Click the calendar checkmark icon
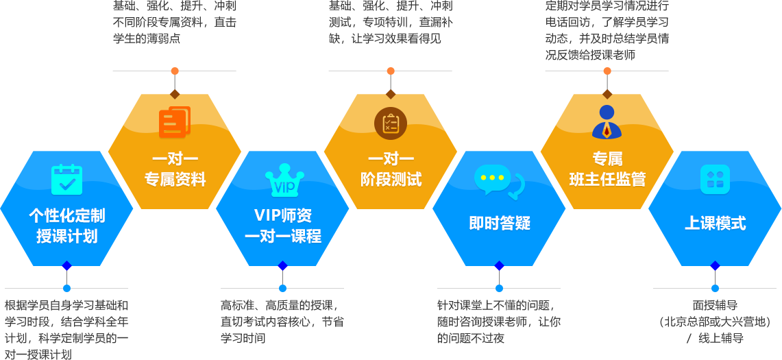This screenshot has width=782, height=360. point(66,179)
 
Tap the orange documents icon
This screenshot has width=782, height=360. point(175,123)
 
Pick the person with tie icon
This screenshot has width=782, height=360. point(607,122)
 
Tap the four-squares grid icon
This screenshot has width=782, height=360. point(715,179)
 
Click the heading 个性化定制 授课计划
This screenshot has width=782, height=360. point(66,226)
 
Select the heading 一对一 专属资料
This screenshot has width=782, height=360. point(175,169)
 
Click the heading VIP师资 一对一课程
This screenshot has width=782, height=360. point(283,226)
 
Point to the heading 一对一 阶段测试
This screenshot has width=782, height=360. point(391,169)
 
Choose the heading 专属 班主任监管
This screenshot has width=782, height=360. point(607,169)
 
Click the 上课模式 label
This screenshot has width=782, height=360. point(715,223)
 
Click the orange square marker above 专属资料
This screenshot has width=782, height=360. point(175,71)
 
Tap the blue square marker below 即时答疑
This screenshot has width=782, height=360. point(499,288)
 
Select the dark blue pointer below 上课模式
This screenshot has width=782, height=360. point(715,267)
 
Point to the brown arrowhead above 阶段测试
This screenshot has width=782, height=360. point(391,93)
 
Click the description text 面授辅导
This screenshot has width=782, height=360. point(715,306)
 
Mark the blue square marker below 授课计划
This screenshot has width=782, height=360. point(66,288)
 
